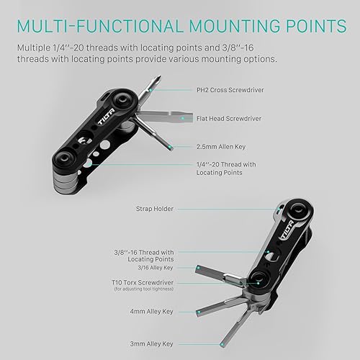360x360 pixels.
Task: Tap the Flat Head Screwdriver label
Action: tap(229, 117)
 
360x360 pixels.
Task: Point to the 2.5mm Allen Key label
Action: tap(221, 145)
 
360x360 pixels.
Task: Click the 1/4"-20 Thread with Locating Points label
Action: tap(225, 169)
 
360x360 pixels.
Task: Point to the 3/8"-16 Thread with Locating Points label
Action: tap(143, 254)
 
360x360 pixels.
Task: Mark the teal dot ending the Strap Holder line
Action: tap(275, 210)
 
